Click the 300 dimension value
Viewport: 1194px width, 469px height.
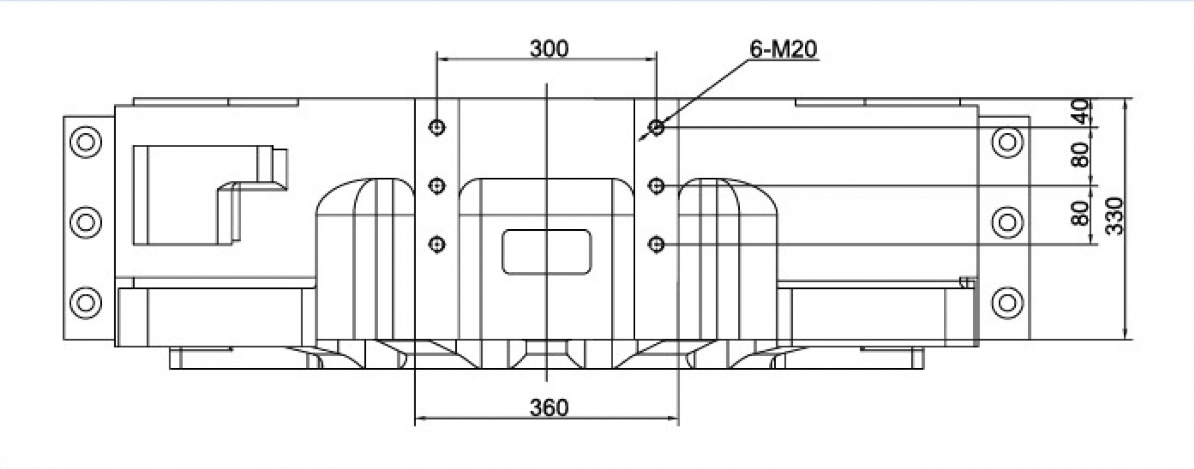coord(549,49)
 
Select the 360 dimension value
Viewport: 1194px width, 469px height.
coord(549,407)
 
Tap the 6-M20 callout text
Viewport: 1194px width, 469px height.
coord(783,49)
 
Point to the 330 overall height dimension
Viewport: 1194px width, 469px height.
coord(1115,216)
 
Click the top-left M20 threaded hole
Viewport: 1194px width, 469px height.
coord(437,127)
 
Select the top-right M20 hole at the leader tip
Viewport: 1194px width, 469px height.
coord(657,127)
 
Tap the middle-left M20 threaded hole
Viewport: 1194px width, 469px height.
coord(437,185)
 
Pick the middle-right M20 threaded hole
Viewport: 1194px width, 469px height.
coord(657,185)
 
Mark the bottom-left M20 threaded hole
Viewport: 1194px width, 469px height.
coord(437,245)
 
